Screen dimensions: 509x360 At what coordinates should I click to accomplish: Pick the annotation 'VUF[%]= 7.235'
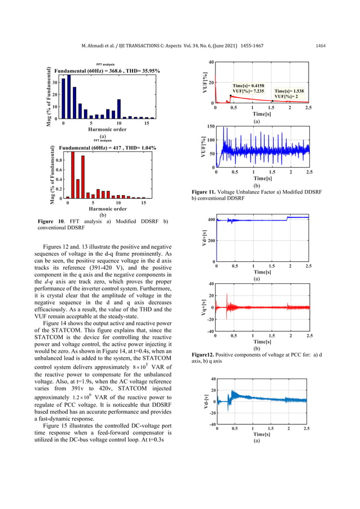pyautogui.click(x=251, y=90)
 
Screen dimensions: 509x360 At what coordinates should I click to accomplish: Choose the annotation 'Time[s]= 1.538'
pyautogui.click(x=292, y=90)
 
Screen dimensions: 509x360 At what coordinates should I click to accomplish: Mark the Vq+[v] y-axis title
pyautogui.click(x=196, y=308)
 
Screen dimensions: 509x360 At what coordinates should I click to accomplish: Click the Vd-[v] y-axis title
pyautogui.click(x=197, y=401)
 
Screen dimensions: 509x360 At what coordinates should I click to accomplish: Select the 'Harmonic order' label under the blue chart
pyautogui.click(x=103, y=129)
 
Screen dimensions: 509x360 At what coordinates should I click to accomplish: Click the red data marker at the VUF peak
pyautogui.click(x=231, y=96)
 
